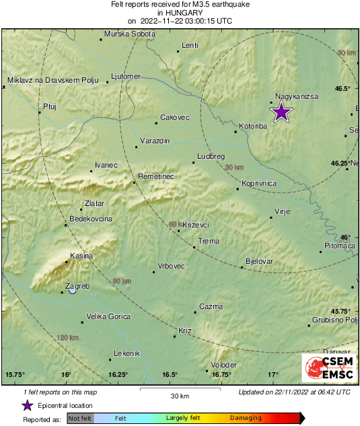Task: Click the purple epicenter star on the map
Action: click(281, 112)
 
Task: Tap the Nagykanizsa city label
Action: click(297, 97)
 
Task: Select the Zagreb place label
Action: click(77, 286)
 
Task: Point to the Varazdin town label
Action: click(154, 140)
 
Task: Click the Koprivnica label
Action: click(260, 183)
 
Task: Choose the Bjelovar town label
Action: click(260, 260)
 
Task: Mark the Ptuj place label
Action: click(50, 106)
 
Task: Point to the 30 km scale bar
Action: click(180, 388)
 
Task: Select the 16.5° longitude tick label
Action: click(169, 374)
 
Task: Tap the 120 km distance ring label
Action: click(69, 337)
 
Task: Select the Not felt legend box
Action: click(80, 419)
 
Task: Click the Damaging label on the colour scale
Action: click(246, 419)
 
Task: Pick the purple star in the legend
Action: click(27, 405)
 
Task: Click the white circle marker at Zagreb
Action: click(73, 291)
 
